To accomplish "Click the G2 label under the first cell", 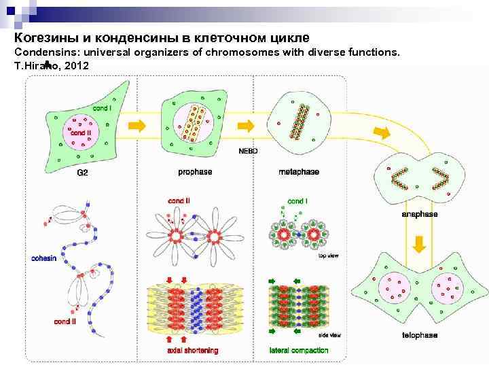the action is (81, 173).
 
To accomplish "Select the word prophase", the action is (195, 172).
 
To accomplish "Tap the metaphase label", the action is (299, 172).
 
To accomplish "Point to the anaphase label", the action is (420, 214).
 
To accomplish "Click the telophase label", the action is (420, 335).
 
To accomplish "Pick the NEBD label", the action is (248, 151).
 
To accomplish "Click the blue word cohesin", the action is (46, 258).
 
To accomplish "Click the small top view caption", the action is (329, 256).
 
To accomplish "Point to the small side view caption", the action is (329, 336).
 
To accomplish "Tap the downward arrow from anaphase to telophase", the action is (420, 244).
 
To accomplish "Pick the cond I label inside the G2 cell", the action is (102, 107).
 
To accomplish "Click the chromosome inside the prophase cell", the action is (194, 123).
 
